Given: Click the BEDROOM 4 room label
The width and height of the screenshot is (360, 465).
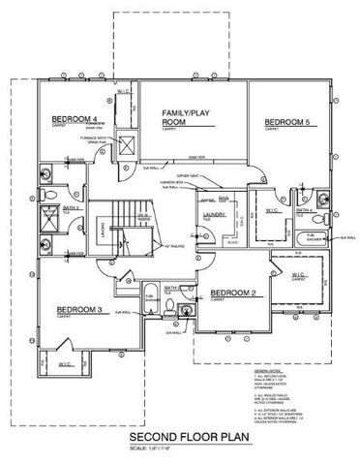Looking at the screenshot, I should point(73,120).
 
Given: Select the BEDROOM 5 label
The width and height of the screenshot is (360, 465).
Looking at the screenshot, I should point(287,122).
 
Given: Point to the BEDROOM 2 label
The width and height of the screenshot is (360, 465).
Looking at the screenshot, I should point(233,293).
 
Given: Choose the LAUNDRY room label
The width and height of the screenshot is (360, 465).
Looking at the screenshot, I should point(214,214).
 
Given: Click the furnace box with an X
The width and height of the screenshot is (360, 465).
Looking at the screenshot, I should point(125,141).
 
